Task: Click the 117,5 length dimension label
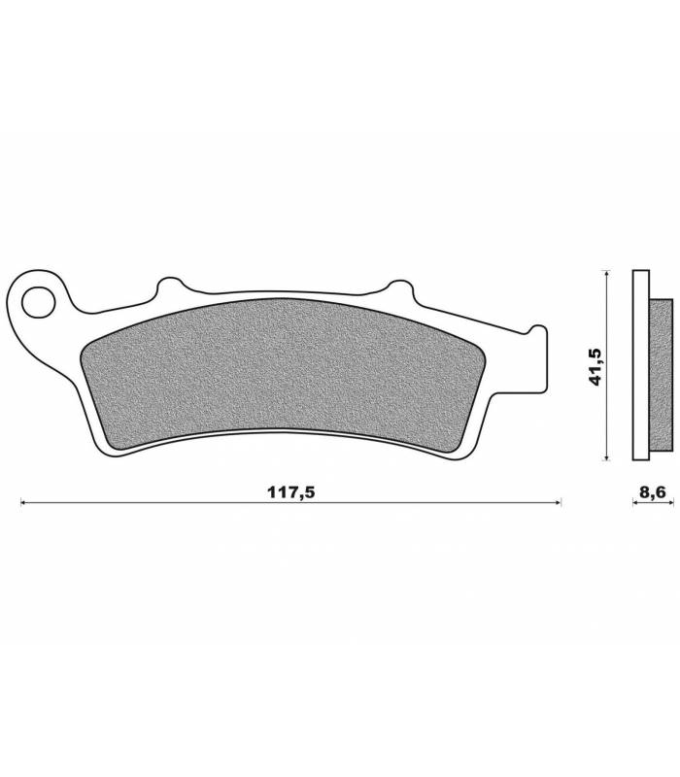click(x=290, y=492)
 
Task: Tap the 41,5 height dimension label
click(x=595, y=367)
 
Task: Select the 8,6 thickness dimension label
click(x=653, y=492)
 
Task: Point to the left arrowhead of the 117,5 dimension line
click(x=22, y=502)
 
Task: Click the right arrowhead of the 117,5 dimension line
click(x=558, y=502)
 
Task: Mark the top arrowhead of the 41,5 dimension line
click(x=604, y=273)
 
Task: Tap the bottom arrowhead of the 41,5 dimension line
click(x=604, y=456)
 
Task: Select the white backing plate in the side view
click(x=641, y=365)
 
